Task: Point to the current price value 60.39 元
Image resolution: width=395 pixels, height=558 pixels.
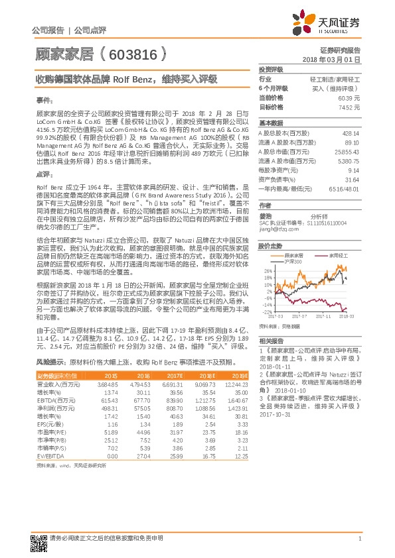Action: [x=349, y=97]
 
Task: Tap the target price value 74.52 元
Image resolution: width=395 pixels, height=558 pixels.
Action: [x=349, y=107]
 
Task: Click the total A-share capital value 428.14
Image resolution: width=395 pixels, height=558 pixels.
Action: [x=350, y=133]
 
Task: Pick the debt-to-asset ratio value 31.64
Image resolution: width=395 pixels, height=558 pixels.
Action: [x=352, y=180]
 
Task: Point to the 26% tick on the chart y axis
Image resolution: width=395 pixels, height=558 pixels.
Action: [x=268, y=270]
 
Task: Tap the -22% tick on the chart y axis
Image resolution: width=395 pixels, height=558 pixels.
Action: [x=268, y=311]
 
